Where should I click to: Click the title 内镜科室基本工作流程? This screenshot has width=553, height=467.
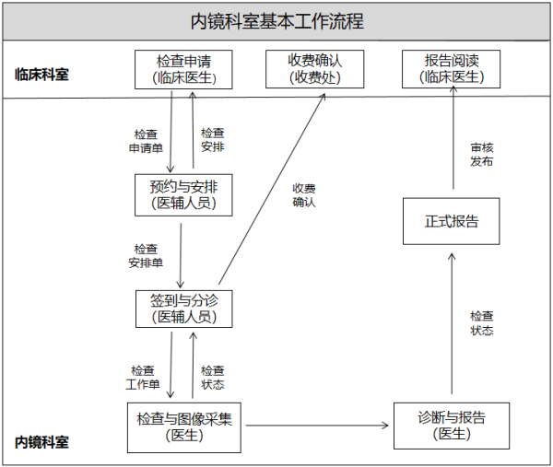(276, 21)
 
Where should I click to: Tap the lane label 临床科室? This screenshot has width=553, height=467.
(41, 75)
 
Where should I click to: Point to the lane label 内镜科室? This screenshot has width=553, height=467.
(41, 442)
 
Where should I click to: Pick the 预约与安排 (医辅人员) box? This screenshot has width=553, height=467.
(183, 193)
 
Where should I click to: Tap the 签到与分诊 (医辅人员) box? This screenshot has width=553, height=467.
(183, 308)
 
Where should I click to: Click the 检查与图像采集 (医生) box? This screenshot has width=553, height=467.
(185, 426)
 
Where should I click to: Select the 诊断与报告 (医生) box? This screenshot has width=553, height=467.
(452, 426)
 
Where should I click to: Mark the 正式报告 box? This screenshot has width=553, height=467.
(452, 221)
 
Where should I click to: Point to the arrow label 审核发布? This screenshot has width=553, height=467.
(481, 153)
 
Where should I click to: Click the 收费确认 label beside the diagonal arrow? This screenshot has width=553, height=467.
(304, 195)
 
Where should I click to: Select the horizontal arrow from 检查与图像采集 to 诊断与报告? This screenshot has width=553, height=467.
(318, 426)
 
